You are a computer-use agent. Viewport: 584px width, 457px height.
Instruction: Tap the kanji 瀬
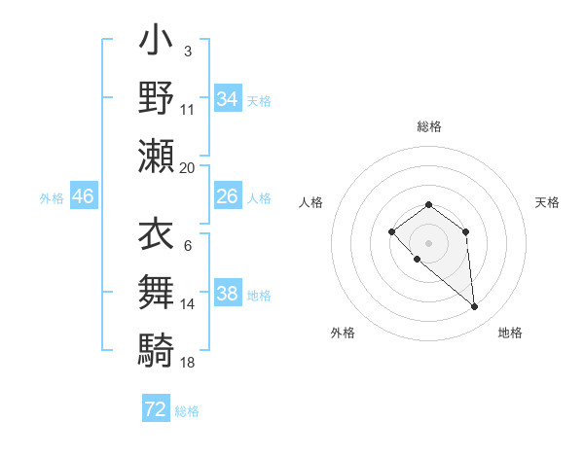(157, 156)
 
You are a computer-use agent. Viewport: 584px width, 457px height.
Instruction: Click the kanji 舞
(157, 291)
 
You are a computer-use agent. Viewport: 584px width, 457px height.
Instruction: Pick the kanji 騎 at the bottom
(157, 348)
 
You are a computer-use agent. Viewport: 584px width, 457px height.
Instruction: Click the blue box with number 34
(227, 98)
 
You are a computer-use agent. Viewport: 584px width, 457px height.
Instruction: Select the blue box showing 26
(227, 196)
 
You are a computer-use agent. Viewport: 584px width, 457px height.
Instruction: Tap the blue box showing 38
(227, 294)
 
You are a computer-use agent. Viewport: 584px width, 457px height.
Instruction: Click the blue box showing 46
(84, 196)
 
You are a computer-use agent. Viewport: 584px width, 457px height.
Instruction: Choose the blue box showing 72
(155, 409)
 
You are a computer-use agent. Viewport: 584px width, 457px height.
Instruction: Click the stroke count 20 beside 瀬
(188, 167)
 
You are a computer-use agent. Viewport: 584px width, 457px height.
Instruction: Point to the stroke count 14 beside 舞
(188, 303)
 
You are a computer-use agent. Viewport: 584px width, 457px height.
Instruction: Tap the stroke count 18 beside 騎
(188, 362)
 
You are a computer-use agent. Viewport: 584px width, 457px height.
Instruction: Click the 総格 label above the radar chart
(429, 126)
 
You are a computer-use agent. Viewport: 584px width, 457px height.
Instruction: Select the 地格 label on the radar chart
(510, 333)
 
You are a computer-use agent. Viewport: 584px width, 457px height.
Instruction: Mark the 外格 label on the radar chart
(343, 333)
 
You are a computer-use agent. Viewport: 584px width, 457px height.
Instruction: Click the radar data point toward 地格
(475, 307)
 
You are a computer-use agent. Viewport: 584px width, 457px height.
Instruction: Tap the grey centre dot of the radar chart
(428, 242)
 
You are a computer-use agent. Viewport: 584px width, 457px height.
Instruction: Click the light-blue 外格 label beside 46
(52, 197)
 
